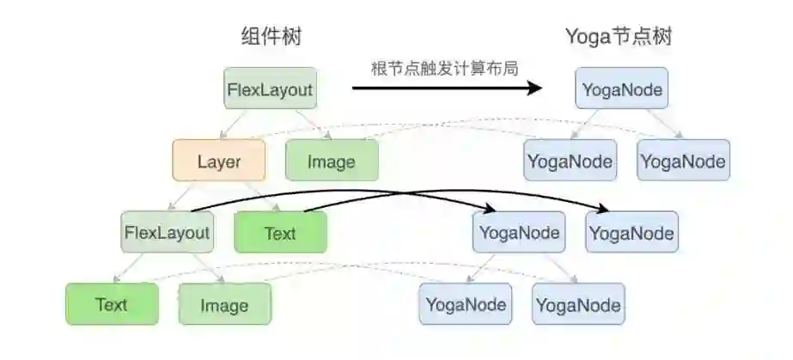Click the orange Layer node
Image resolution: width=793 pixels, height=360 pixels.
coord(218,162)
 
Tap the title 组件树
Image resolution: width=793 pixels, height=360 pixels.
coord(271,37)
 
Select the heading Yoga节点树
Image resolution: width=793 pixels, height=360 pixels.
coord(619,37)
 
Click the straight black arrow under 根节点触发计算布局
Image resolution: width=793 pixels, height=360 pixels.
coord(447,88)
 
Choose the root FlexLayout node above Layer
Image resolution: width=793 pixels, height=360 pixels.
coord(269,88)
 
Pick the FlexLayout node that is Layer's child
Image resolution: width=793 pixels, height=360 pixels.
coord(167,233)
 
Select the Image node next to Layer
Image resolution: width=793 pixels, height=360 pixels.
coord(332,162)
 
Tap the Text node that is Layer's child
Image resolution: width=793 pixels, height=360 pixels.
coord(280,233)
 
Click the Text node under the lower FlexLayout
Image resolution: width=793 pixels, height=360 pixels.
coord(112,304)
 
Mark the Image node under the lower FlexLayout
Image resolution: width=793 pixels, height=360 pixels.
coord(224,305)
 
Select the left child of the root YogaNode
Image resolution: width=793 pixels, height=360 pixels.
coord(570,161)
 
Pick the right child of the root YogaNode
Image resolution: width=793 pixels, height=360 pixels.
coord(683,161)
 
